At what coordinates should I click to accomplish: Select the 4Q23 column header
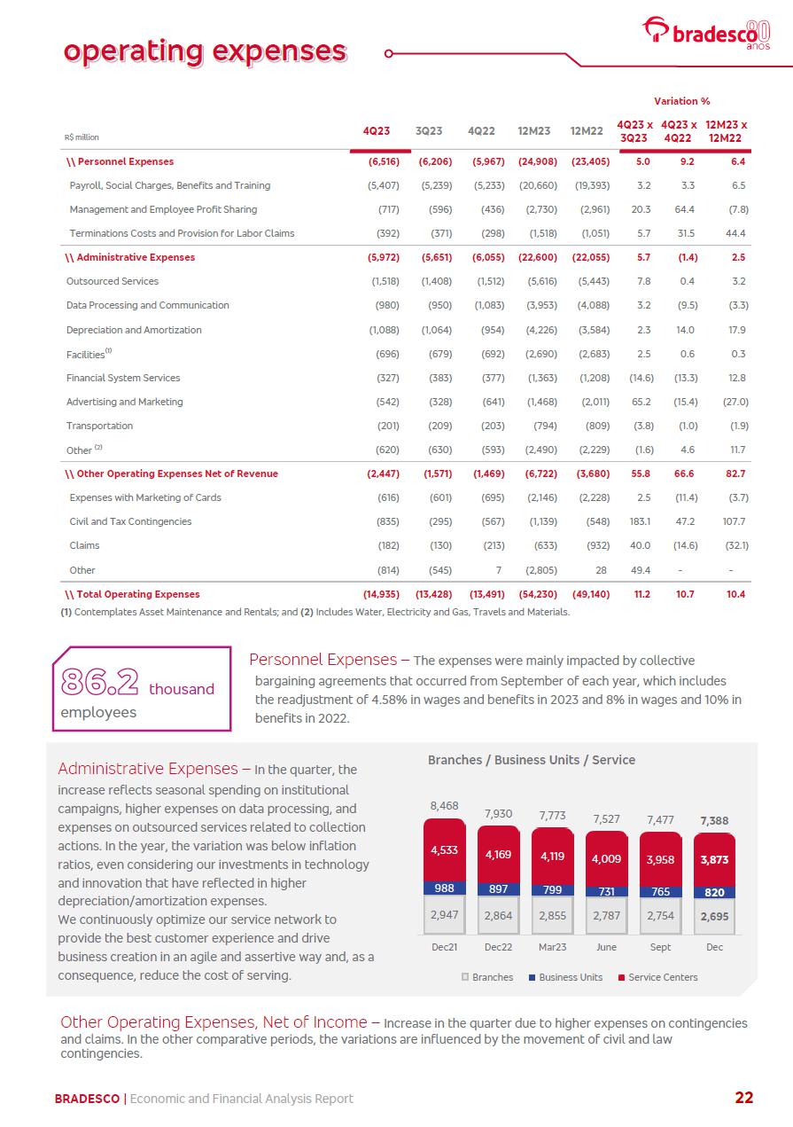click(377, 131)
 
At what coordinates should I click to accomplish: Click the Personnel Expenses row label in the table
click(125, 161)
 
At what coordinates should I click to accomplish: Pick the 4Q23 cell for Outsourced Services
click(384, 281)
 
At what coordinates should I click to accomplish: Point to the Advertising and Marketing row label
click(124, 402)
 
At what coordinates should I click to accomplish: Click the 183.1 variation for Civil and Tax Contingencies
click(639, 521)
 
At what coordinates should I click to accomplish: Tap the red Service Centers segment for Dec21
click(444, 849)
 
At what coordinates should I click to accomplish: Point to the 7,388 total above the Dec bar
click(714, 821)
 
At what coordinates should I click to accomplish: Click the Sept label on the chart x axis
click(660, 947)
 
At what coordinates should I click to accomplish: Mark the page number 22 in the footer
click(744, 1098)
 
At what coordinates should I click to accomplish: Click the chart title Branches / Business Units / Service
click(532, 760)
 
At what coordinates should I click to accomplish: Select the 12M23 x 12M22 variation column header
click(726, 131)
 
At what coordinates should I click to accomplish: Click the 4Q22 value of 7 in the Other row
click(501, 570)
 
